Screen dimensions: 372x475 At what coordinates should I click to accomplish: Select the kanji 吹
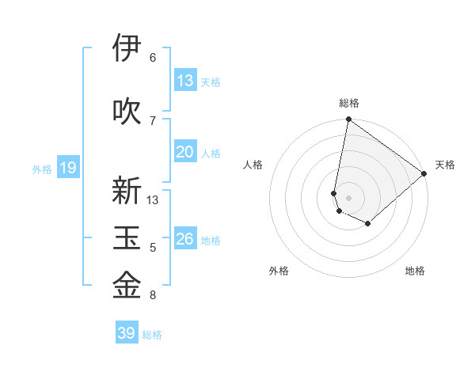127,111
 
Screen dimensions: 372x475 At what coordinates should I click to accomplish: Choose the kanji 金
127,285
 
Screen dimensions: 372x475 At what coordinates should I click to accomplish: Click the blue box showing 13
185,80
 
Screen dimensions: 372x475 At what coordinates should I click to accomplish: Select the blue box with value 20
185,152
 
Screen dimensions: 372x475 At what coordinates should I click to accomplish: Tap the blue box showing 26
185,239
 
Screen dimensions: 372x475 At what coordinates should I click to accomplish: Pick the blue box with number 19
67,168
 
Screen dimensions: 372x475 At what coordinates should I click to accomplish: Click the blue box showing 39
127,333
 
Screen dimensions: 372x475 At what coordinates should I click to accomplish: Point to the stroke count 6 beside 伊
153,57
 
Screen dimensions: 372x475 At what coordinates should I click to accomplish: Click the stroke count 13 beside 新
153,199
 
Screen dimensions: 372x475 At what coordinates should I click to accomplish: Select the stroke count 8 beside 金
153,295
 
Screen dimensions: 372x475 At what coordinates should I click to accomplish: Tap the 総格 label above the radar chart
349,103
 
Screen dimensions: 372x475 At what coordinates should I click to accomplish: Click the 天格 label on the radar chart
445,165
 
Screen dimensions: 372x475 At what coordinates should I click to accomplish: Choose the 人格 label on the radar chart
253,165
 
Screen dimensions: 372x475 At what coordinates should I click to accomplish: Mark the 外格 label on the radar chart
279,271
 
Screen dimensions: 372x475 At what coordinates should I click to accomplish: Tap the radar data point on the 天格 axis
424,173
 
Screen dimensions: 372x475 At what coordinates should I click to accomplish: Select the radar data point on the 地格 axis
368,224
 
